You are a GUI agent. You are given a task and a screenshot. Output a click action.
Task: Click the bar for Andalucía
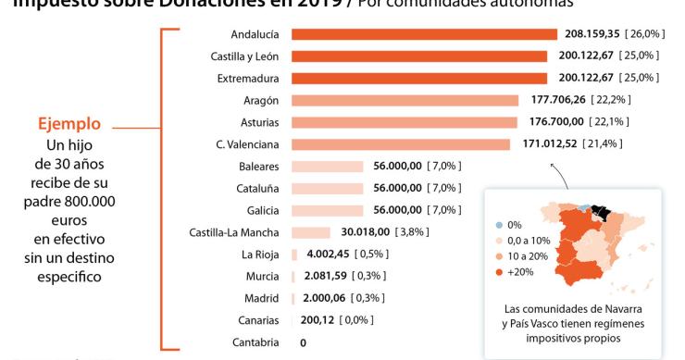(425, 34)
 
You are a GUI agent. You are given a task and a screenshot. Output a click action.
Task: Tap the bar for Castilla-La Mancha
(310, 231)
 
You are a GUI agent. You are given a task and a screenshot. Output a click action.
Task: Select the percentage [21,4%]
(599, 143)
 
